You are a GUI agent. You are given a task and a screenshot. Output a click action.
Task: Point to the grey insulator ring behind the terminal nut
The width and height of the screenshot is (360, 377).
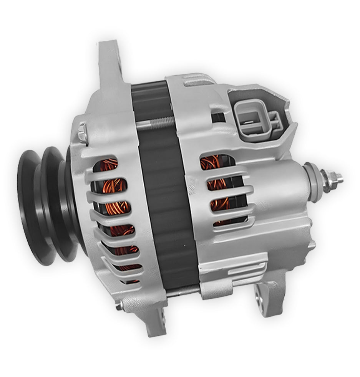[312, 180]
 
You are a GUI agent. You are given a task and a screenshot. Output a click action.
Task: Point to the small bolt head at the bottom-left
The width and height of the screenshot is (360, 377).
[119, 306]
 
